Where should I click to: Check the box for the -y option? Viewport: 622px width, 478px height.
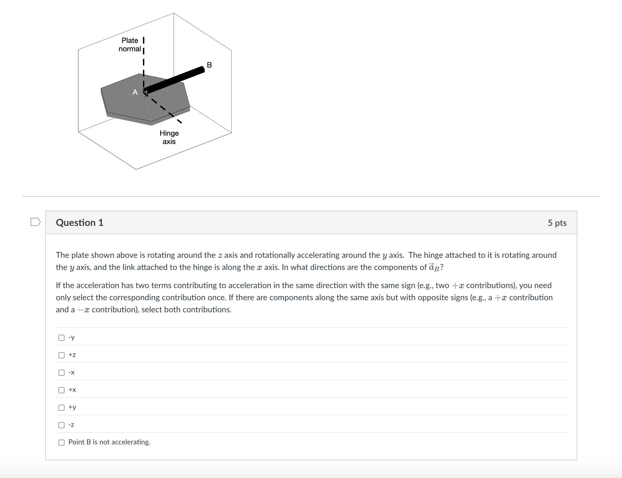pos(62,337)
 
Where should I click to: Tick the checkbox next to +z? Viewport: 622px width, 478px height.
pos(62,355)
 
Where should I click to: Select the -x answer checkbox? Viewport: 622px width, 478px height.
pos(62,372)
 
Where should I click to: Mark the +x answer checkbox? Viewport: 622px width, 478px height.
pos(62,390)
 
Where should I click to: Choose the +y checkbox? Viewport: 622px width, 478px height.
pos(62,407)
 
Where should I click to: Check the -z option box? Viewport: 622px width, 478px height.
pos(62,425)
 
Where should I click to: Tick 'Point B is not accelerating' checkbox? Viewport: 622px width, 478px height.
pos(62,442)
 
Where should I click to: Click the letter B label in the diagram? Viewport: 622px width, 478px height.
pos(209,65)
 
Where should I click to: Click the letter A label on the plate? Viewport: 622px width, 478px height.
pos(135,92)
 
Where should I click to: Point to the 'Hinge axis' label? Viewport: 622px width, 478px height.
pos(169,137)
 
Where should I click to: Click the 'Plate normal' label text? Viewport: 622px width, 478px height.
pos(130,44)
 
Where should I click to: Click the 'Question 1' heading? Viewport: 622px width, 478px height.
pos(80,223)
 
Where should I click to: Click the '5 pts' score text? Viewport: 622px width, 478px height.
pos(557,223)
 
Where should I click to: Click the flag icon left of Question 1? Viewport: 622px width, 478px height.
pos(35,222)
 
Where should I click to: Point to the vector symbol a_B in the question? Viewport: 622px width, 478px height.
pos(434,267)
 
